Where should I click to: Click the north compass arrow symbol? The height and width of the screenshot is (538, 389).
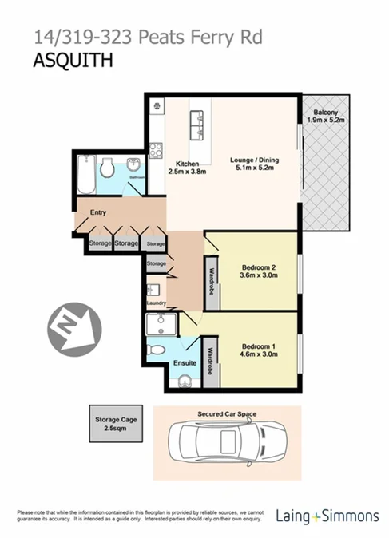74,328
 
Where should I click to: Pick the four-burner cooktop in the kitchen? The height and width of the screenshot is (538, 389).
156,149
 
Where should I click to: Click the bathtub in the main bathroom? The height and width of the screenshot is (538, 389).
85,173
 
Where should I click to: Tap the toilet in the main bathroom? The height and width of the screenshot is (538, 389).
107,168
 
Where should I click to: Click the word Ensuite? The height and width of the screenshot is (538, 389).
185,364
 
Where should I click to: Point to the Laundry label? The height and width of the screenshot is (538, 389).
156,303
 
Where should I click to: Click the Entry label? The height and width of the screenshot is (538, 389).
98,212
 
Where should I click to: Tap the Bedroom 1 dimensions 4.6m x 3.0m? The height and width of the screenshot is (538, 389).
259,355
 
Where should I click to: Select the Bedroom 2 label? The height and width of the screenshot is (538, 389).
259,267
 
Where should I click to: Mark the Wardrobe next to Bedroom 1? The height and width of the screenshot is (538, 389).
211,362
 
